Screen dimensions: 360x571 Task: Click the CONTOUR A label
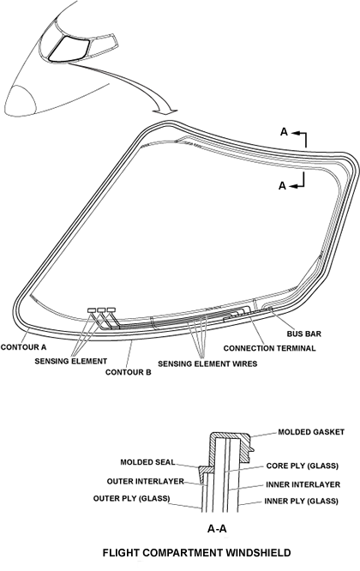[24, 347]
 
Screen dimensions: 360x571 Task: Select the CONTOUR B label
[129, 373]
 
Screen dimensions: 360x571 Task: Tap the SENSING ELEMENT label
[71, 361]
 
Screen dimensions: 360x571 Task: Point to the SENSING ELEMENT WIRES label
[207, 364]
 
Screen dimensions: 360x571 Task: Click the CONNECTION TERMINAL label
[270, 348]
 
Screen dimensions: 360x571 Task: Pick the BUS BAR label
[304, 334]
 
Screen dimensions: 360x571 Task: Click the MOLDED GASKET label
[311, 432]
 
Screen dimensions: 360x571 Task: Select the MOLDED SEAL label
[147, 462]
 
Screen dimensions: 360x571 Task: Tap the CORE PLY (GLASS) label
[303, 466]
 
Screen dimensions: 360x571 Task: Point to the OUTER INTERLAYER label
[146, 482]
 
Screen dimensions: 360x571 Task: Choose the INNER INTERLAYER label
[303, 484]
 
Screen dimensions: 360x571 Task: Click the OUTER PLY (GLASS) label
[132, 498]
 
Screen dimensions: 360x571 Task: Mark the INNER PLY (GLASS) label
[302, 501]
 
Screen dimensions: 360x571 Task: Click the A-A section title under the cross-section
[217, 528]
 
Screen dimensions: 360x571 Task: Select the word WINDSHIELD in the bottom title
[259, 553]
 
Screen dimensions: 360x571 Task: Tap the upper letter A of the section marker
[284, 132]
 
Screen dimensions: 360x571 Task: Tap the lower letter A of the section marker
[283, 186]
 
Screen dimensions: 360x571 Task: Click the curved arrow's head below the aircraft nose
[165, 111]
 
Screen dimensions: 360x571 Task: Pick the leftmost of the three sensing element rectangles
[92, 310]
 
